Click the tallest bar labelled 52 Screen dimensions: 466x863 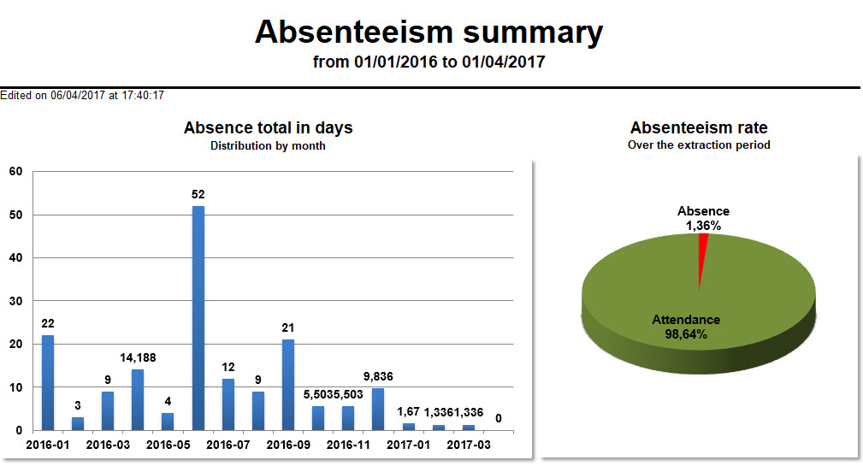[198, 317]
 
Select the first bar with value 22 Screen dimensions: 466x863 [48, 382]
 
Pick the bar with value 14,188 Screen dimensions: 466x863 [138, 399]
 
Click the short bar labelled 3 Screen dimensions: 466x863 [78, 423]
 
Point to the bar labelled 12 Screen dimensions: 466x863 [228, 404]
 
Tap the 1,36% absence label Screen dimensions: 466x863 [703, 226]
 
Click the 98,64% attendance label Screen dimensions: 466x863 [686, 334]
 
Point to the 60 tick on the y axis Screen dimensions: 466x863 [16, 171]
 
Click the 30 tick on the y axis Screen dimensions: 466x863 [16, 301]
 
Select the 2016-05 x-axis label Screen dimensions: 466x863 [168, 445]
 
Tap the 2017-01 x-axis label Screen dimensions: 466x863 [409, 445]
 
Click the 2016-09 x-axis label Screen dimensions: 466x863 [288, 445]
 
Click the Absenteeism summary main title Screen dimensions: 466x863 [429, 32]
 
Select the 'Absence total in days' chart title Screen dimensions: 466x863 [268, 128]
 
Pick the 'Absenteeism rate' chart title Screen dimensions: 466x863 [699, 128]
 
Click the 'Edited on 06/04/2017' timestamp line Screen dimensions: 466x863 [82, 96]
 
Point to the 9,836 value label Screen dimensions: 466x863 [378, 375]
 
